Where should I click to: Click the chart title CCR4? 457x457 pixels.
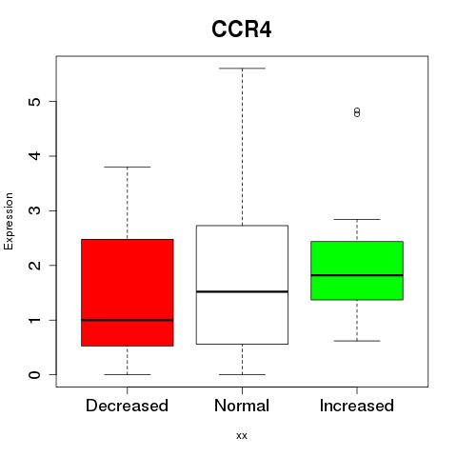click(242, 30)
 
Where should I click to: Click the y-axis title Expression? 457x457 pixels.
click(9, 221)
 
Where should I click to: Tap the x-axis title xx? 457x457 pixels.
click(242, 436)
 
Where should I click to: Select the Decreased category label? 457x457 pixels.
click(127, 406)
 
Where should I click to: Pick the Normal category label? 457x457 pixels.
click(242, 406)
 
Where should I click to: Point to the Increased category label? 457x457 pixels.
click(357, 406)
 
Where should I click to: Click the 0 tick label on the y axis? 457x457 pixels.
click(35, 375)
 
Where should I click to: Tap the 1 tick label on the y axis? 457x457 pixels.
click(35, 320)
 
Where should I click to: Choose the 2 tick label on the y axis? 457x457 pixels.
click(35, 266)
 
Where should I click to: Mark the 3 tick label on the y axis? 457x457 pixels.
click(35, 210)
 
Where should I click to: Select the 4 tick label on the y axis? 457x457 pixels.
click(35, 156)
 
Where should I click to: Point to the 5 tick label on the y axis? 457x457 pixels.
click(35, 101)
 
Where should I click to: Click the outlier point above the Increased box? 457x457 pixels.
click(357, 112)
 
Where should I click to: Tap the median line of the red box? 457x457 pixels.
click(128, 320)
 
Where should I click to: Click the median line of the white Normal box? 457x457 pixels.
click(242, 291)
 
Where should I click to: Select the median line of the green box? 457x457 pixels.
click(357, 275)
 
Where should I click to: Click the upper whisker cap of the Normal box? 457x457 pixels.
click(242, 69)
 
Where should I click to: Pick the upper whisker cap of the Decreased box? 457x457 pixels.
click(128, 167)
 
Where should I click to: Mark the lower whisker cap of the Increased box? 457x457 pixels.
click(357, 341)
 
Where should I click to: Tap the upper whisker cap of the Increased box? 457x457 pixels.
click(357, 219)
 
